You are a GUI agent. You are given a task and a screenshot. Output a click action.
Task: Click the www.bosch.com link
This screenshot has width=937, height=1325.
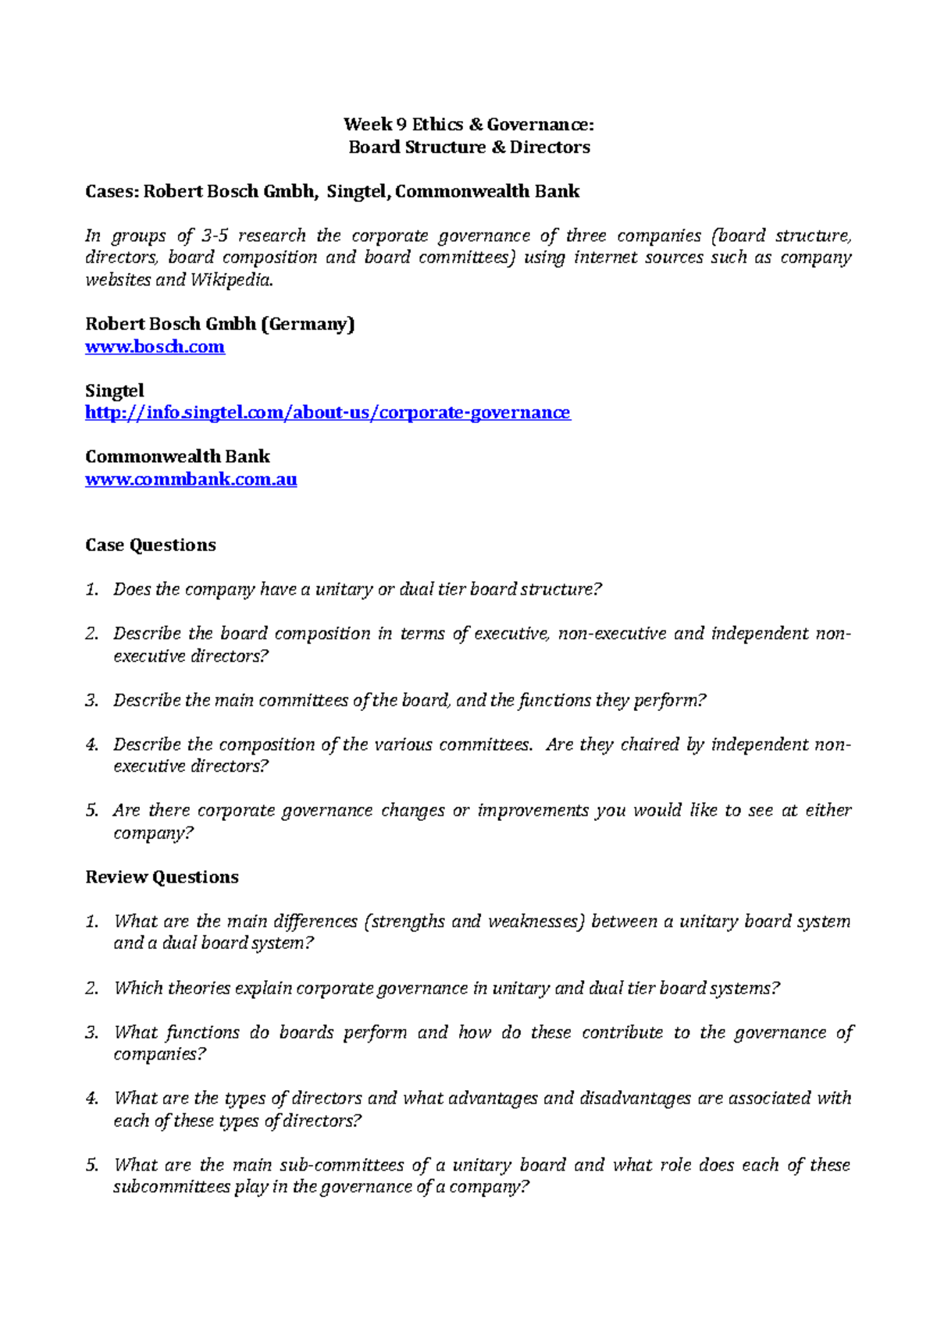tap(155, 346)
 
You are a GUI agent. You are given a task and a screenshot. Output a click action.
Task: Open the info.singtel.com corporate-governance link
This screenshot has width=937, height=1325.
tap(327, 412)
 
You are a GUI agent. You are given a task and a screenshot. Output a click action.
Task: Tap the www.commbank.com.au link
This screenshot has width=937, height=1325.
tap(191, 479)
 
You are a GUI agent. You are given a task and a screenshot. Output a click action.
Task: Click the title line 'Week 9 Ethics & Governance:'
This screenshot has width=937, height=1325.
tap(468, 124)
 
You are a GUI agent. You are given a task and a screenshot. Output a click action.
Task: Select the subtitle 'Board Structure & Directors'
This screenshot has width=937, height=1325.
tap(468, 147)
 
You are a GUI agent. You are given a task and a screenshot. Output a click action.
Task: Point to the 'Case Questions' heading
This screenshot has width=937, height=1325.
tap(150, 545)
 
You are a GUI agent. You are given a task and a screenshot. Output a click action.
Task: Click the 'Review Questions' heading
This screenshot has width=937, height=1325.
tap(162, 877)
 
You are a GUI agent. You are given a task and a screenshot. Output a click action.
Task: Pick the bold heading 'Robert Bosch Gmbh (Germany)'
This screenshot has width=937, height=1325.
tap(219, 324)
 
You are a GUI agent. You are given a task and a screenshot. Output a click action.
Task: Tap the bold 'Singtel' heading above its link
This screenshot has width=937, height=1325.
tap(114, 390)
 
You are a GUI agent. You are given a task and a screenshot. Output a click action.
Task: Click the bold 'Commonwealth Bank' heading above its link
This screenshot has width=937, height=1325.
tap(177, 456)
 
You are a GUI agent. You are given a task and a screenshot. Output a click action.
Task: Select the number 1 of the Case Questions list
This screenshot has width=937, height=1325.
tap(91, 589)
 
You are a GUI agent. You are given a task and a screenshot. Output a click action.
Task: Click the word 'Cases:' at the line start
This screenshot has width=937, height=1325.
tap(112, 191)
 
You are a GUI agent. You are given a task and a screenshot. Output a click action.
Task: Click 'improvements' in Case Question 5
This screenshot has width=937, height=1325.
tap(533, 811)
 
